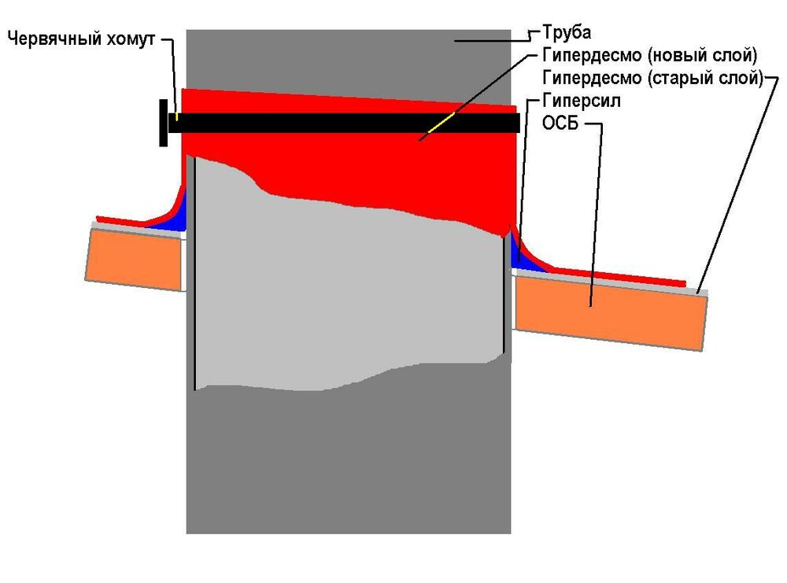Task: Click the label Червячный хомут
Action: (83, 38)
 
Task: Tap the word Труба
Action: (567, 33)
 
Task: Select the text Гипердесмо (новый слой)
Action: (649, 56)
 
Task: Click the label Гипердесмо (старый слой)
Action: (652, 79)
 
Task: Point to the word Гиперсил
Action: (582, 101)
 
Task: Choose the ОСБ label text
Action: (561, 124)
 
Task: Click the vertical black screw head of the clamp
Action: (163, 123)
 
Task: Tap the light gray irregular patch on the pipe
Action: (346, 299)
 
